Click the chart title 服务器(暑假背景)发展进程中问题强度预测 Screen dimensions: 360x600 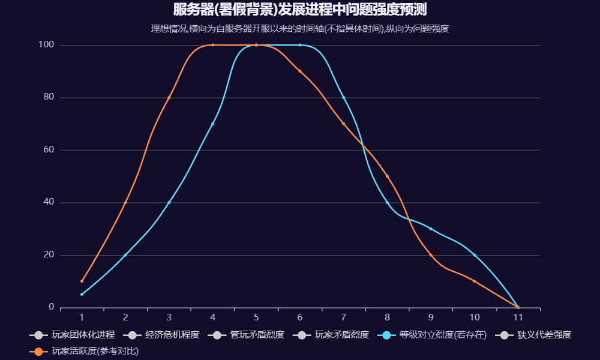point(300,10)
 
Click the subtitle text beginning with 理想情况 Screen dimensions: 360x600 point(300,28)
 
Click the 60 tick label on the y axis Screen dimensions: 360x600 point(49,150)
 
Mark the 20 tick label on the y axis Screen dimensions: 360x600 point(49,255)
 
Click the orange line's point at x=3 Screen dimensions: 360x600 point(169,97)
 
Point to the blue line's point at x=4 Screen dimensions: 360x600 point(212,124)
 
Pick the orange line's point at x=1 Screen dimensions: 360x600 point(82,281)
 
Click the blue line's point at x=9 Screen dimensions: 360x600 point(431,229)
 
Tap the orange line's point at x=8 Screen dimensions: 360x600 point(387,176)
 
